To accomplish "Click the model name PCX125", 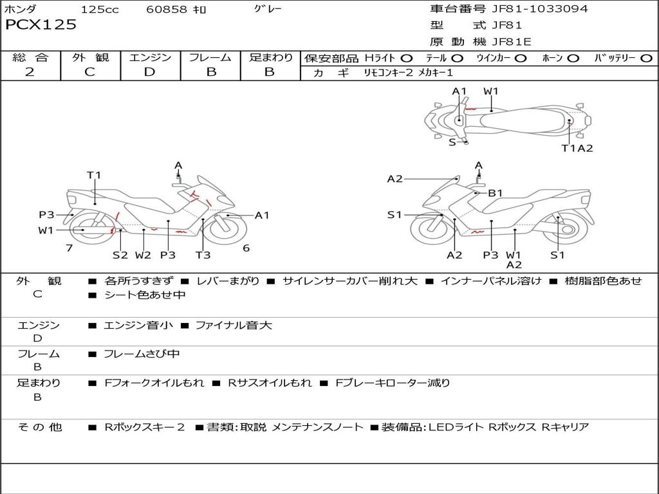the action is (x=41, y=25).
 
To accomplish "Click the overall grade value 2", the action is (x=30, y=72).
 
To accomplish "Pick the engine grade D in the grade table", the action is (x=150, y=72).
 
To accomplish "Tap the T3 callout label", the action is (x=203, y=255).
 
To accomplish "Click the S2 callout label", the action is (x=120, y=255).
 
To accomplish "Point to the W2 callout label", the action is (x=143, y=255).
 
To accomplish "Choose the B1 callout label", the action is (x=495, y=193).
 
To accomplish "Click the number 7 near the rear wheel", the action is (x=69, y=248).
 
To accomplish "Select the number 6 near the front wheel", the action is (x=246, y=248).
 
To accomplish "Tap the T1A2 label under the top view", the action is (x=577, y=149).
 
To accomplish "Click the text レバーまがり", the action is (x=228, y=281).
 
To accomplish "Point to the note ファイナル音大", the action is (x=234, y=325).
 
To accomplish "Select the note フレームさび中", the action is (x=142, y=354).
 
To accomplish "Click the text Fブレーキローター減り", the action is (x=393, y=383).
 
